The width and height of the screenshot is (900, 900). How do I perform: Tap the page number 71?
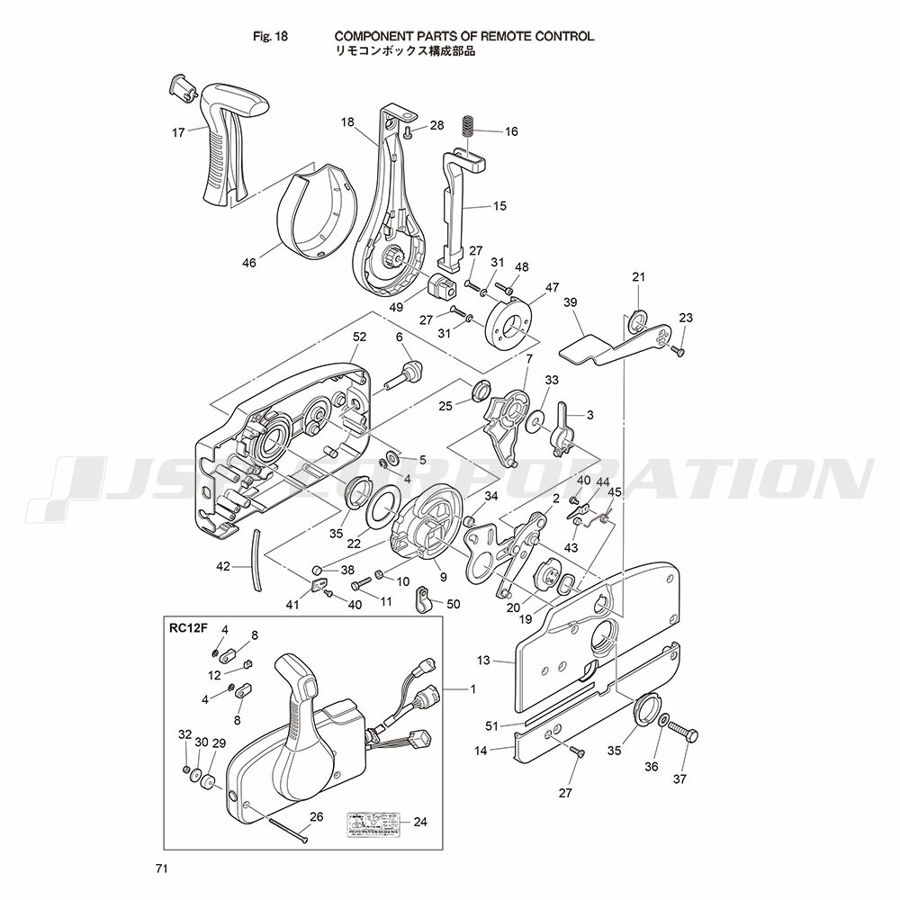[x=162, y=868]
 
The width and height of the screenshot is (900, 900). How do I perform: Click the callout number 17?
[x=178, y=132]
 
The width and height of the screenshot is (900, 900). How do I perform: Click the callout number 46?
[x=248, y=263]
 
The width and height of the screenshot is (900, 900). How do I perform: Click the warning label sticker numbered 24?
[x=369, y=823]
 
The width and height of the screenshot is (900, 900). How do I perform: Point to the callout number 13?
[x=483, y=661]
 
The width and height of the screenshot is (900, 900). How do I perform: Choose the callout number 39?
[x=570, y=303]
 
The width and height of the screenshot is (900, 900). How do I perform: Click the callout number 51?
[x=490, y=724]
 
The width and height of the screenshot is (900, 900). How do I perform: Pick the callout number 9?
[x=443, y=577]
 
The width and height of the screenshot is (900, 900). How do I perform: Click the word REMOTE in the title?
[x=501, y=37]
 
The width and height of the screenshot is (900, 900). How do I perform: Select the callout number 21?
[x=639, y=276]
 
